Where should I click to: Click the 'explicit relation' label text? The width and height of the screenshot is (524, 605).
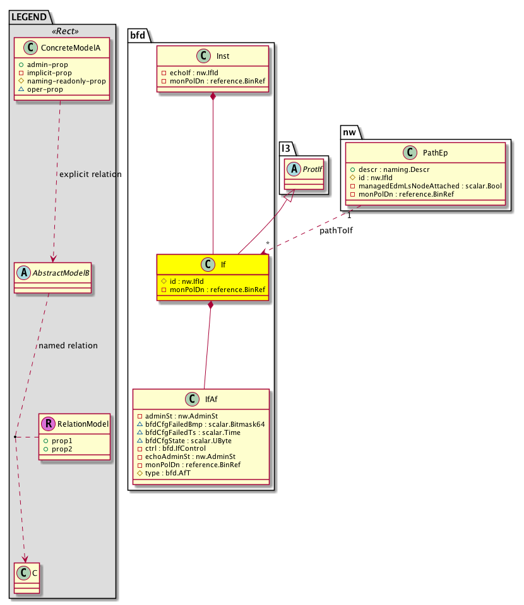click(x=90, y=174)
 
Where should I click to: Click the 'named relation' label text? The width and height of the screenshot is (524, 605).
click(x=68, y=346)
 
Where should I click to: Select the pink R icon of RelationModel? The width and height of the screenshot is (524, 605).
click(x=47, y=424)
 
